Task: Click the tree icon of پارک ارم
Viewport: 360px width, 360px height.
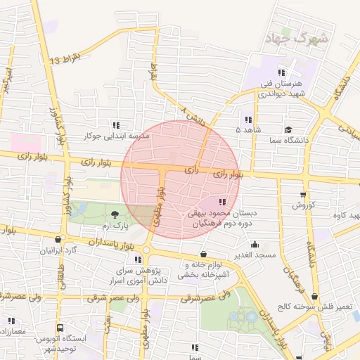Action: [115, 214]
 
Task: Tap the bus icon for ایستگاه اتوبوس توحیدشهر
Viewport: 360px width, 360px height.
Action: [60, 328]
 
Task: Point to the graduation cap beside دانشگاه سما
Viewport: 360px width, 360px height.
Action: [288, 130]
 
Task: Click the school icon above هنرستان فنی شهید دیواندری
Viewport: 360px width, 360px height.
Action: [281, 72]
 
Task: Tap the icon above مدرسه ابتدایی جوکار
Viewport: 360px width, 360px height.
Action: [117, 125]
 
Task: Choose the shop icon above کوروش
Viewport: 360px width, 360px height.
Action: [303, 195]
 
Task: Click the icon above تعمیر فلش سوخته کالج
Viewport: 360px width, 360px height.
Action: [314, 297]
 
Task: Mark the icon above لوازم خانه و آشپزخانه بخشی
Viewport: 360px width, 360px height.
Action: [204, 255]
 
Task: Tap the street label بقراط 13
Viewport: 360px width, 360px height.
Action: [66, 59]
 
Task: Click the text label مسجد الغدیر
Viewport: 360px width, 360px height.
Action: [255, 254]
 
